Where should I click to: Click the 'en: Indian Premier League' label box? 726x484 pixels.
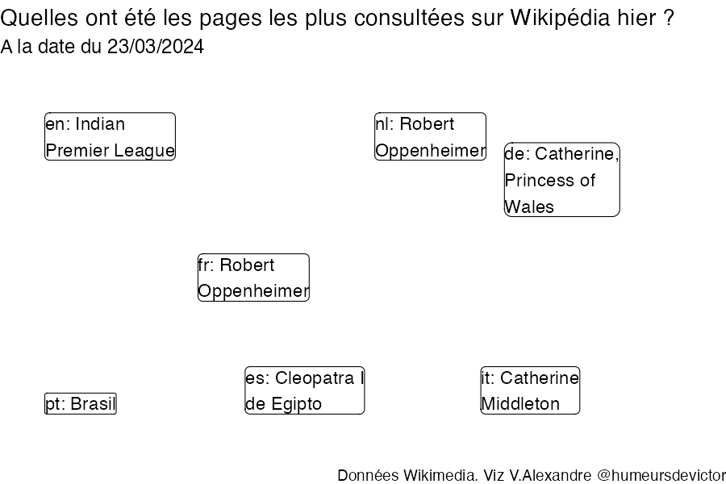coord(110,136)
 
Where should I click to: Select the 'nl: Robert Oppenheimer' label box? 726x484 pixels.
coord(430,136)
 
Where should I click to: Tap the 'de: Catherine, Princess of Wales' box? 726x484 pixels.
coord(561,179)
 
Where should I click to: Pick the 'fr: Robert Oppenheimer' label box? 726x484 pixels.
coord(253,277)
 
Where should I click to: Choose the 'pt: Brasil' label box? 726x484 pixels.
coord(81,404)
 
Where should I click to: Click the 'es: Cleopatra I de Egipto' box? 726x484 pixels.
coord(305,390)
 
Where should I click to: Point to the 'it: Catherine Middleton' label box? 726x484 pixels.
coord(530,390)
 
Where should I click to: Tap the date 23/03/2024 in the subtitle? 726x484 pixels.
coord(156,47)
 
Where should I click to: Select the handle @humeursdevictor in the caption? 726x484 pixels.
coord(661,475)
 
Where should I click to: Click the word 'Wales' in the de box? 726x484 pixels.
coord(529,207)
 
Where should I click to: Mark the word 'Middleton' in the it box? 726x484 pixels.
coord(520,404)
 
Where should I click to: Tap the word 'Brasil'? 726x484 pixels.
coord(94,404)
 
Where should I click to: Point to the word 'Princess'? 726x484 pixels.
coord(540,180)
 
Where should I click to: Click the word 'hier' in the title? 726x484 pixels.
coord(640,19)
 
